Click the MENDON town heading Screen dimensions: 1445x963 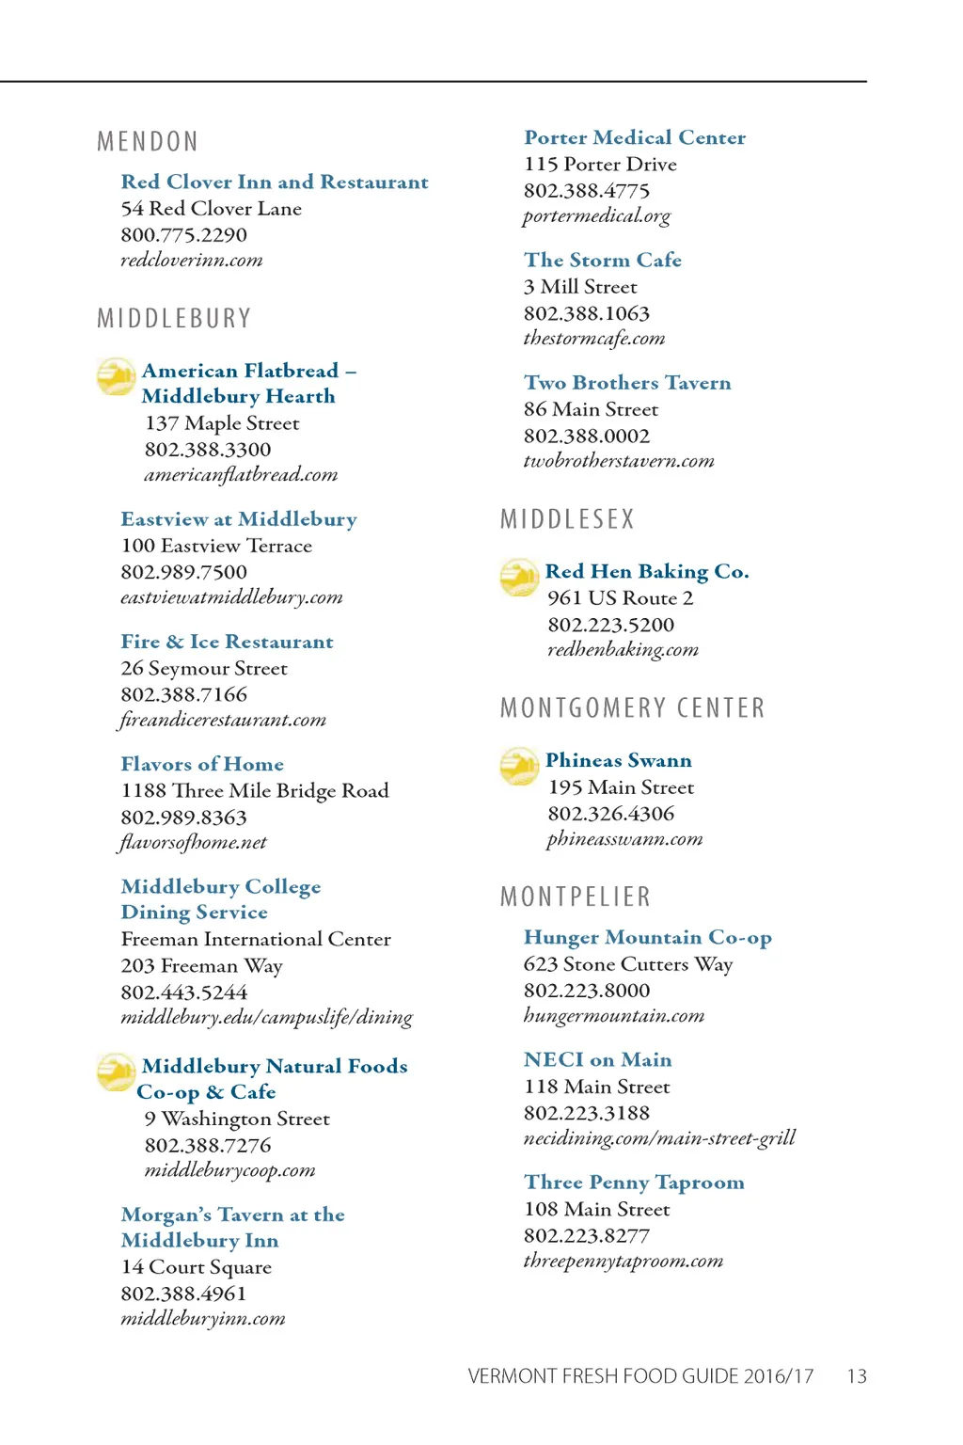click(x=148, y=142)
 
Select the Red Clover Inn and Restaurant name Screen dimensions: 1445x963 click(x=275, y=182)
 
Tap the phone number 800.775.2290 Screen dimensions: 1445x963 click(x=183, y=234)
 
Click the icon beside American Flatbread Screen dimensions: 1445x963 click(x=116, y=376)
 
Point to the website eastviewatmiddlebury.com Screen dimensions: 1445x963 click(x=231, y=597)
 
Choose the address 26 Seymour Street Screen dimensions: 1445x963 click(x=204, y=668)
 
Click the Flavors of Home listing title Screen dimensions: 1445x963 click(x=202, y=764)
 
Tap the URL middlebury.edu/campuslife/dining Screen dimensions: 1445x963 click(x=266, y=1017)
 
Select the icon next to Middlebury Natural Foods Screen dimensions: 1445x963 click(x=116, y=1072)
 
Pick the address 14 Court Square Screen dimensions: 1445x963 click(x=196, y=1267)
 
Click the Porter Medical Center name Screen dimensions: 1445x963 click(x=635, y=137)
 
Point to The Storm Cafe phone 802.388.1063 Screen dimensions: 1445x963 click(x=587, y=313)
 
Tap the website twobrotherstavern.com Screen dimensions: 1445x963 click(x=619, y=461)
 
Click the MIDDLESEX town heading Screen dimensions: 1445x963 click(x=567, y=519)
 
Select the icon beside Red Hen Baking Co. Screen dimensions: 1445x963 click(x=518, y=577)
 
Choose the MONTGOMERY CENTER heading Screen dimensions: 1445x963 click(x=632, y=707)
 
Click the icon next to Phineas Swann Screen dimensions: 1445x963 click(x=518, y=766)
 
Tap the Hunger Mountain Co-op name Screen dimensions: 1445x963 click(x=648, y=937)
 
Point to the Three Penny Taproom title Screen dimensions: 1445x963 click(x=634, y=1183)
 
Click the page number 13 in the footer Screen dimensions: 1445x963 click(x=857, y=1376)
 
